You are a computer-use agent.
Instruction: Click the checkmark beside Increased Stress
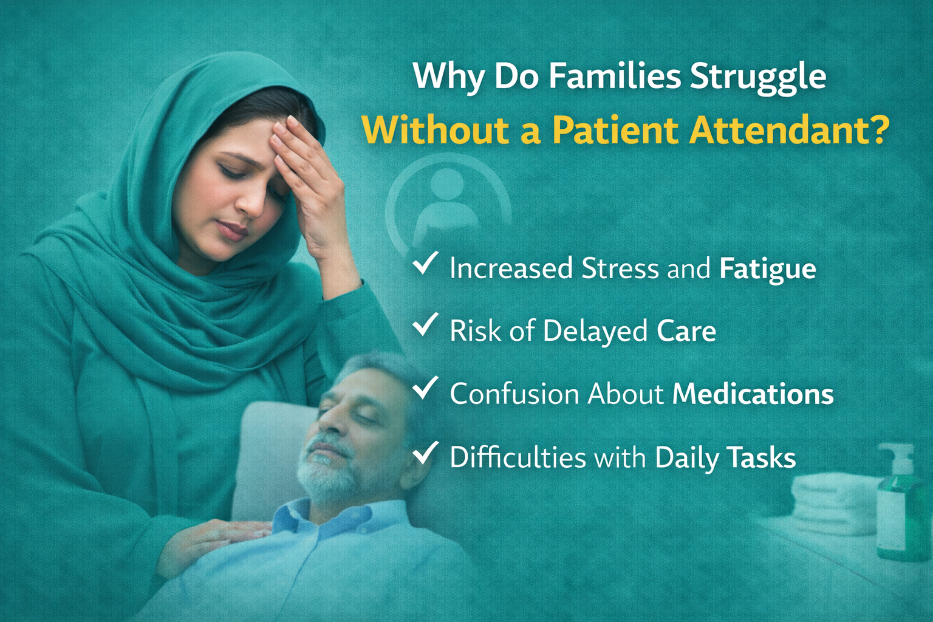coord(425,263)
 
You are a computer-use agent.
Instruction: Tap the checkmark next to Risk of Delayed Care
coord(425,324)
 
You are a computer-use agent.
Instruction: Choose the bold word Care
coord(686,331)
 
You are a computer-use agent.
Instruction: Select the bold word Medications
coord(753,394)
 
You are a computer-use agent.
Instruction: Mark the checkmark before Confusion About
coord(425,387)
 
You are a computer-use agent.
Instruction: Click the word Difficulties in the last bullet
coord(518,457)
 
